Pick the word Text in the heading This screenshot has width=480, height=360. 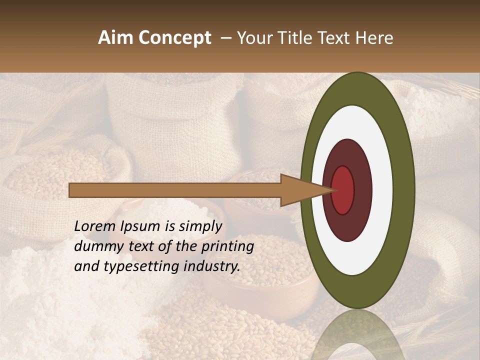pos(336,38)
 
